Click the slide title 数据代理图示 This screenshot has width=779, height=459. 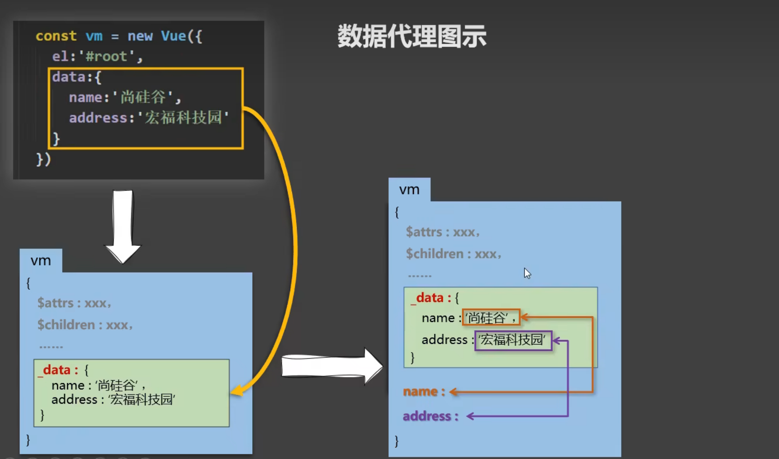(x=412, y=36)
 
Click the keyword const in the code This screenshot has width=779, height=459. (x=56, y=36)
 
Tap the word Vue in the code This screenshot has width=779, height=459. (x=173, y=36)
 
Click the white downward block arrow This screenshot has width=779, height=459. (x=123, y=226)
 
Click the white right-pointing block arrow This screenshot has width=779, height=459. (x=331, y=365)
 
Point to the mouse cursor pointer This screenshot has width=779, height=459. (x=527, y=273)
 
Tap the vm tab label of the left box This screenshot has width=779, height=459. (x=40, y=261)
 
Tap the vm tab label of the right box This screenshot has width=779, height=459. (x=409, y=190)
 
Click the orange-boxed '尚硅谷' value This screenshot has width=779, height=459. (x=491, y=317)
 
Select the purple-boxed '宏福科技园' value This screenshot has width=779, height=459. (x=513, y=340)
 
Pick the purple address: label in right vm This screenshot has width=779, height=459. (x=430, y=416)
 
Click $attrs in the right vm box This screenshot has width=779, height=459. (x=424, y=232)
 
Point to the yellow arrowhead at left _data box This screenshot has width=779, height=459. (x=236, y=391)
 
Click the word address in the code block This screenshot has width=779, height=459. (x=98, y=118)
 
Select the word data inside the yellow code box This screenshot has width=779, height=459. (x=68, y=77)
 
